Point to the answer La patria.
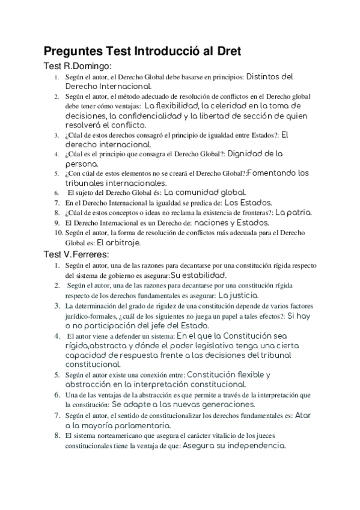coord(293,212)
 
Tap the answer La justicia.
coord(239,295)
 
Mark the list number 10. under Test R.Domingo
coord(58,233)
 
